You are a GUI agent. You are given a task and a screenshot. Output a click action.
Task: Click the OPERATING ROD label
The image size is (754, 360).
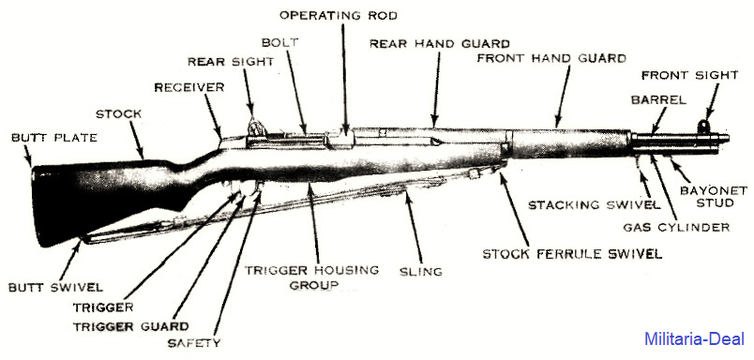coord(338,15)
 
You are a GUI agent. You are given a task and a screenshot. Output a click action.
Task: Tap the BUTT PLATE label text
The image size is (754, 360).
coord(53,138)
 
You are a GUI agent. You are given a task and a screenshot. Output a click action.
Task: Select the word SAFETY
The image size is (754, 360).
coord(194,343)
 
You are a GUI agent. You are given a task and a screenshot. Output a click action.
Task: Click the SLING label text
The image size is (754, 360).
coord(420,272)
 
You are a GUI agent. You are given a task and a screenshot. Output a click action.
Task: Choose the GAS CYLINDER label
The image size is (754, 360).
coord(676,227)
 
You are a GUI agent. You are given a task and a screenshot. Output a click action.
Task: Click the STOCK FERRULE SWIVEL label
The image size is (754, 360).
coord(572,253)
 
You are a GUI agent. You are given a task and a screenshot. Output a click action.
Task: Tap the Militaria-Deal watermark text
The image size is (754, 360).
coord(694,338)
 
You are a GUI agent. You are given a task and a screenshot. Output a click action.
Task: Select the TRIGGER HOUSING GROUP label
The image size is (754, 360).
coord(311,277)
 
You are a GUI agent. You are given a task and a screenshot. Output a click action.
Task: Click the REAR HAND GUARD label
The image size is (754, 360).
coord(440,44)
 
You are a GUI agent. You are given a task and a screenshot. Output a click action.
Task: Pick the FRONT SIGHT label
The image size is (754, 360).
coord(689,75)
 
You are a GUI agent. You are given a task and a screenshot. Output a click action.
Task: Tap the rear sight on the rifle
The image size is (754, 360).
coord(255,127)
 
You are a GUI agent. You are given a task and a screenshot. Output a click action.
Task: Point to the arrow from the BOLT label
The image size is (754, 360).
coord(295,91)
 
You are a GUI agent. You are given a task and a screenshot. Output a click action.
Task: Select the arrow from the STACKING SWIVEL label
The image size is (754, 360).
coord(645,181)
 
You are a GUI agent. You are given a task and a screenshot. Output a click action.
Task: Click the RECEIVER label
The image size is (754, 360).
coord(189,87)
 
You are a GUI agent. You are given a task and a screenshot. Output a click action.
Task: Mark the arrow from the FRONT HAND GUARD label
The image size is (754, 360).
coord(562,97)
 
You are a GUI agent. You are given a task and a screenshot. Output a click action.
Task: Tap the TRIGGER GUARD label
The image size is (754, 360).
coord(130,326)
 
